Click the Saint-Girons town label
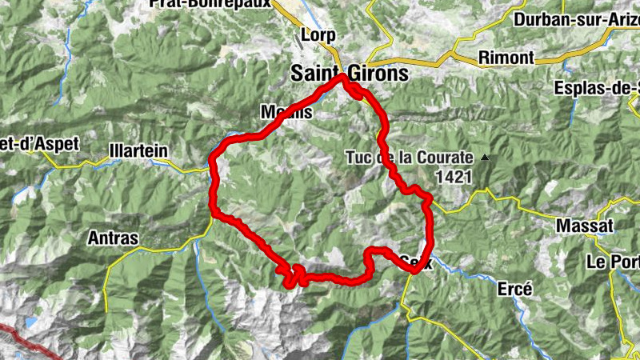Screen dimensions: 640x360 pyautogui.click(x=349, y=74)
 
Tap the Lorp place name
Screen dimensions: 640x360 pyautogui.click(x=318, y=36)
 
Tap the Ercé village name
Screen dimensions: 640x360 pyautogui.click(x=514, y=290)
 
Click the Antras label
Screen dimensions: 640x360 pyautogui.click(x=114, y=238)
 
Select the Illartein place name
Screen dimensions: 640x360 pyautogui.click(x=138, y=149)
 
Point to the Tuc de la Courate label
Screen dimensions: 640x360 pyautogui.click(x=410, y=158)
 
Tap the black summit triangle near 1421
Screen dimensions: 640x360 pyautogui.click(x=484, y=158)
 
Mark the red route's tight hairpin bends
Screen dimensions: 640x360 pyautogui.click(x=294, y=276)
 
